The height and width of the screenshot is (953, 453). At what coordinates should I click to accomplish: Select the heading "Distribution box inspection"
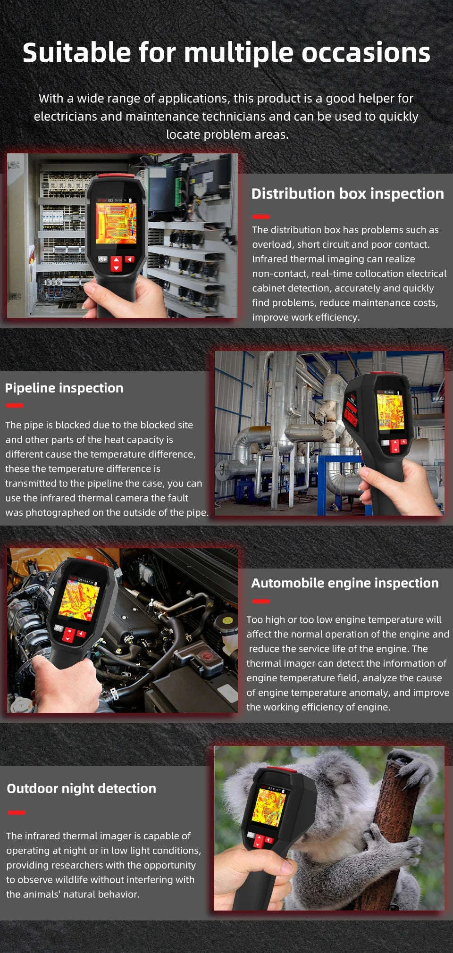(347, 193)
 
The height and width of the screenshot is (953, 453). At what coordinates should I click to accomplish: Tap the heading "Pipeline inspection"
(64, 388)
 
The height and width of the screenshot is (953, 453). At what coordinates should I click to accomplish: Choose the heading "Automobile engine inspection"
(344, 583)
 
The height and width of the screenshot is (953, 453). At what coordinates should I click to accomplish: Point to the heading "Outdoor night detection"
(81, 788)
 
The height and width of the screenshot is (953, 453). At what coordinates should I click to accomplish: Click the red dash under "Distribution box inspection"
(261, 217)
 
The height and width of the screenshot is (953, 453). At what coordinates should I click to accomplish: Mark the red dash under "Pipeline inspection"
(15, 405)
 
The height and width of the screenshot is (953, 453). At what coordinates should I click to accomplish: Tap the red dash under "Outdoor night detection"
(17, 812)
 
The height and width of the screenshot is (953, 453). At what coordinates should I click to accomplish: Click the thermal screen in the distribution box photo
(116, 223)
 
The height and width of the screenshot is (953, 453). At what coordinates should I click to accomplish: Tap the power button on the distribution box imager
(102, 259)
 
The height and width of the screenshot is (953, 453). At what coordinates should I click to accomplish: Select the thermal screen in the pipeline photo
(390, 411)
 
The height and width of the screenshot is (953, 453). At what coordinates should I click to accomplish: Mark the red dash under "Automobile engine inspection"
(261, 601)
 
